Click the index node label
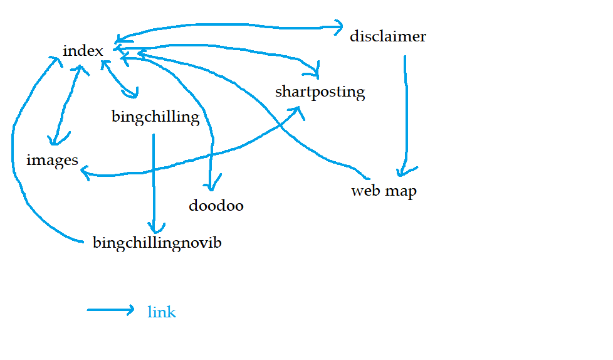pos(83,51)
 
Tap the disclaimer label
pos(388,36)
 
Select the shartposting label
pos(320,92)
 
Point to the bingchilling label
pos(155,117)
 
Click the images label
pos(52,161)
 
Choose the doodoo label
pos(216,206)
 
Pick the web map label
pos(384,191)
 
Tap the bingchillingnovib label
pos(157,243)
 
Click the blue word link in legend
pos(162,312)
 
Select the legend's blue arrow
pos(111,310)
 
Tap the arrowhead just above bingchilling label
pos(133,94)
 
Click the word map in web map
pos(401,191)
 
